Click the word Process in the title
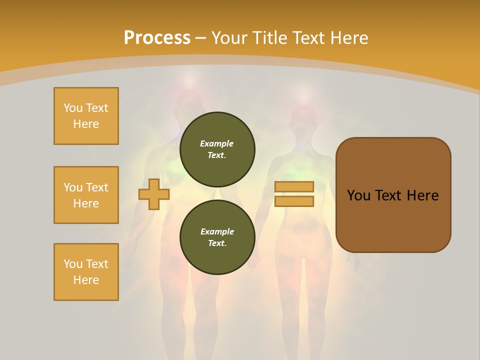click(157, 38)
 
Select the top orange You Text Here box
click(86, 116)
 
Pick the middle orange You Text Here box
click(86, 195)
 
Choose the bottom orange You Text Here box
click(86, 272)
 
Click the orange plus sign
click(154, 194)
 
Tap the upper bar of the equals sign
click(294, 186)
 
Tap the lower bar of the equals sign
click(294, 201)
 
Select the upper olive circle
click(217, 149)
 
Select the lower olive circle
click(217, 237)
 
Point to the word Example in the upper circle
click(217, 143)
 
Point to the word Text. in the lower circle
click(217, 243)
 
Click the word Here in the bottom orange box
click(86, 280)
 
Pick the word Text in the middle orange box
click(97, 187)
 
